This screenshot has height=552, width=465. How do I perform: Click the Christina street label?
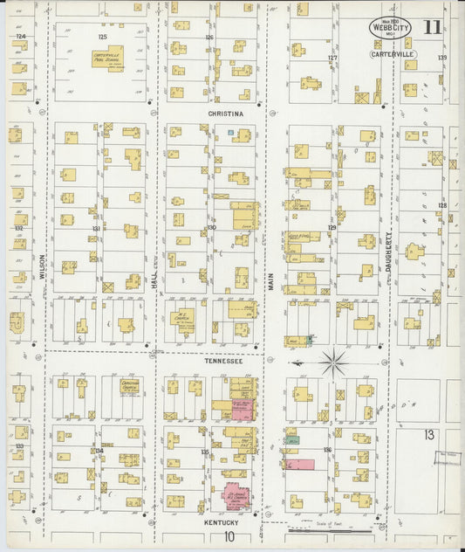point(226,114)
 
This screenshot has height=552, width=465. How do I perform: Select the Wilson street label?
point(41,266)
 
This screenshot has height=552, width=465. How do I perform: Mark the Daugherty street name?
point(389,253)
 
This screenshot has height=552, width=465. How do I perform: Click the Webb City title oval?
point(388,28)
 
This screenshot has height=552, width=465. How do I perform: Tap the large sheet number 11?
point(432,26)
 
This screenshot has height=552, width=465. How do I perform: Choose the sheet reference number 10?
point(229,537)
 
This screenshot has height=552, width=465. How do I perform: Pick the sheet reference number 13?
point(429,434)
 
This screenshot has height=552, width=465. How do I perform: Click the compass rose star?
point(333,360)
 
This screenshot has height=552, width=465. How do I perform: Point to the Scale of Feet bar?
point(319,527)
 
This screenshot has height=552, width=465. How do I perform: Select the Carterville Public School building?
point(107,59)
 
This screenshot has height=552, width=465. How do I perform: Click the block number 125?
point(102,38)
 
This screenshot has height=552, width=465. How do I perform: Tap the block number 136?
point(328,450)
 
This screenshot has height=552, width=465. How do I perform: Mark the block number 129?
point(332,227)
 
